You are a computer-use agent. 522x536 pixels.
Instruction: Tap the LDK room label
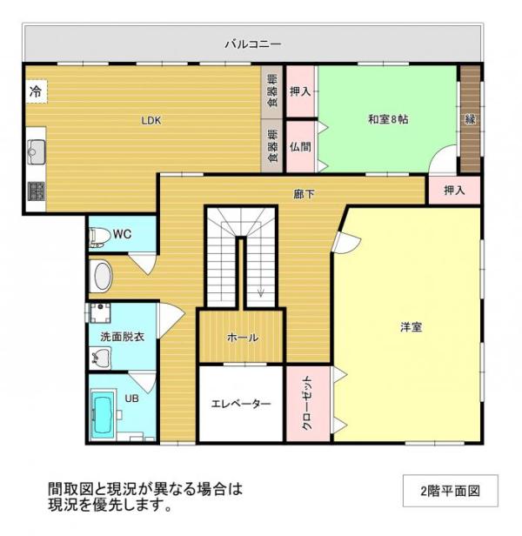coord(152,121)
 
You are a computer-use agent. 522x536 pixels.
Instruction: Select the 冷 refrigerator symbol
coord(36,90)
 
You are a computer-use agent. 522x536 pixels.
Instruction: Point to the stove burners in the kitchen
coord(36,191)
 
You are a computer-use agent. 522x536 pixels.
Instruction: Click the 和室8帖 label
coord(387,119)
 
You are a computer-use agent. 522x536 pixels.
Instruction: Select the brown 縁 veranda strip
coord(470,118)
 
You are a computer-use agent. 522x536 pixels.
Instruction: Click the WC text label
coord(122,233)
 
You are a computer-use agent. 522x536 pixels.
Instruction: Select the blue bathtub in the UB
coord(104,416)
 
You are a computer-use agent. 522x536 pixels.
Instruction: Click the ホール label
coord(241,338)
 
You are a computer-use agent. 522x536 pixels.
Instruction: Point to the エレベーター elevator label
coord(241,404)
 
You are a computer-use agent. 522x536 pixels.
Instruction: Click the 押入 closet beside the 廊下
coord(453,191)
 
